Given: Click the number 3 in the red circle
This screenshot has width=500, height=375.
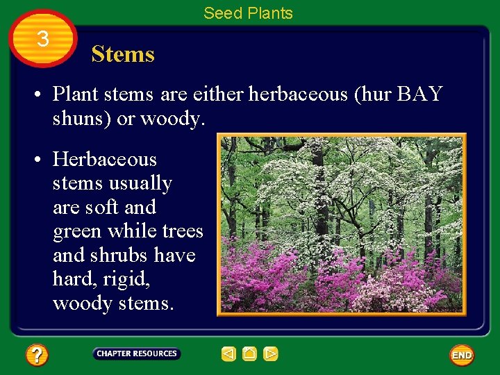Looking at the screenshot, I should point(43,39).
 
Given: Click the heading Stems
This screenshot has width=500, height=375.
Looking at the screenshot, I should point(123,54).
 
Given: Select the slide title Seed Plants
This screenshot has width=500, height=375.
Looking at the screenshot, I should point(248,12).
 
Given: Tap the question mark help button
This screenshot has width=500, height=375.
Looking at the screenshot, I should point(37,356).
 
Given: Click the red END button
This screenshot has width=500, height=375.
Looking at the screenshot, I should point(462,355).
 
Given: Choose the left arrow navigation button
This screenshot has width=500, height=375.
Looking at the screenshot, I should point(228,354).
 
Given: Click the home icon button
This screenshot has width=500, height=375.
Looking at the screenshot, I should point(250,354).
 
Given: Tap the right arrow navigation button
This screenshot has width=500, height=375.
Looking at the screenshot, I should point(271,354).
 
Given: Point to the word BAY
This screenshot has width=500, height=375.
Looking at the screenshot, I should point(419,94).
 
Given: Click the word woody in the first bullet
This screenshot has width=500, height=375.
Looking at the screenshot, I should point(172,119).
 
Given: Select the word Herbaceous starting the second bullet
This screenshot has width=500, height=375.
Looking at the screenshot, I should point(105,160).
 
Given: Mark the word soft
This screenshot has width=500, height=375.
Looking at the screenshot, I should point(104,208).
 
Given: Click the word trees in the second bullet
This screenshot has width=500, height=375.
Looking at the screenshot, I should point(183,231).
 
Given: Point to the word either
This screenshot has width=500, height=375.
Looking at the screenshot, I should point(215,94).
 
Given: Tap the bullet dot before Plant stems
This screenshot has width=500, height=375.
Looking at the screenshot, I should point(42,94).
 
